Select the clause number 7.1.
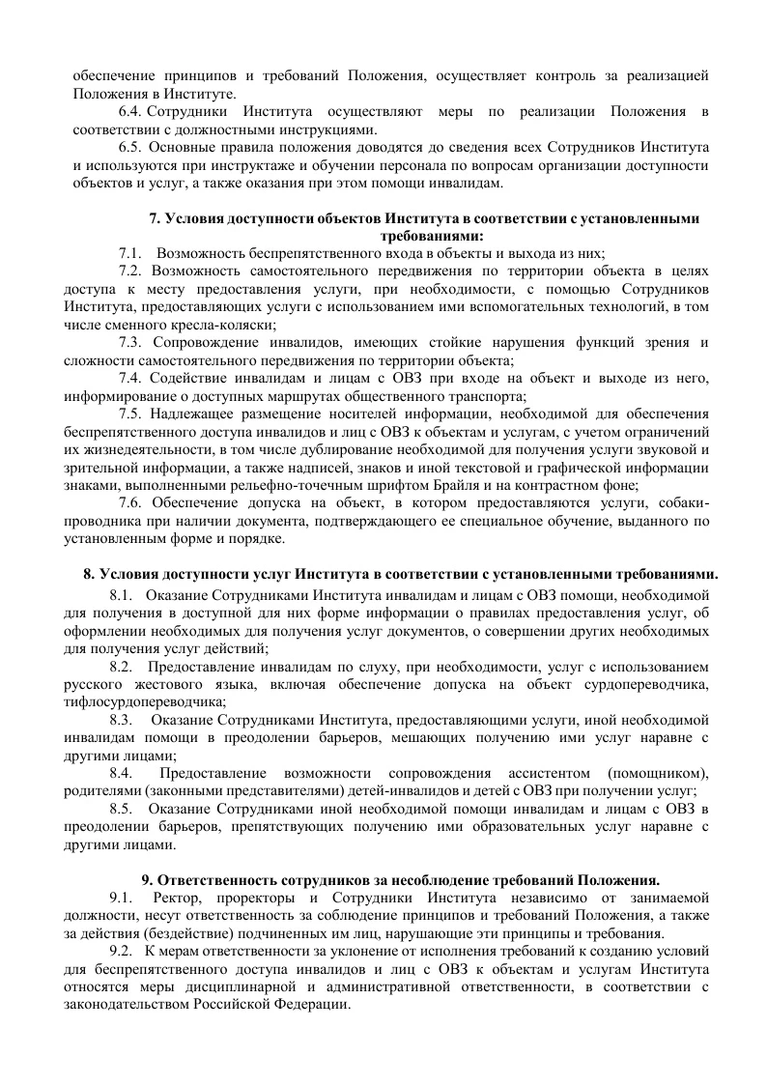(130, 253)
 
